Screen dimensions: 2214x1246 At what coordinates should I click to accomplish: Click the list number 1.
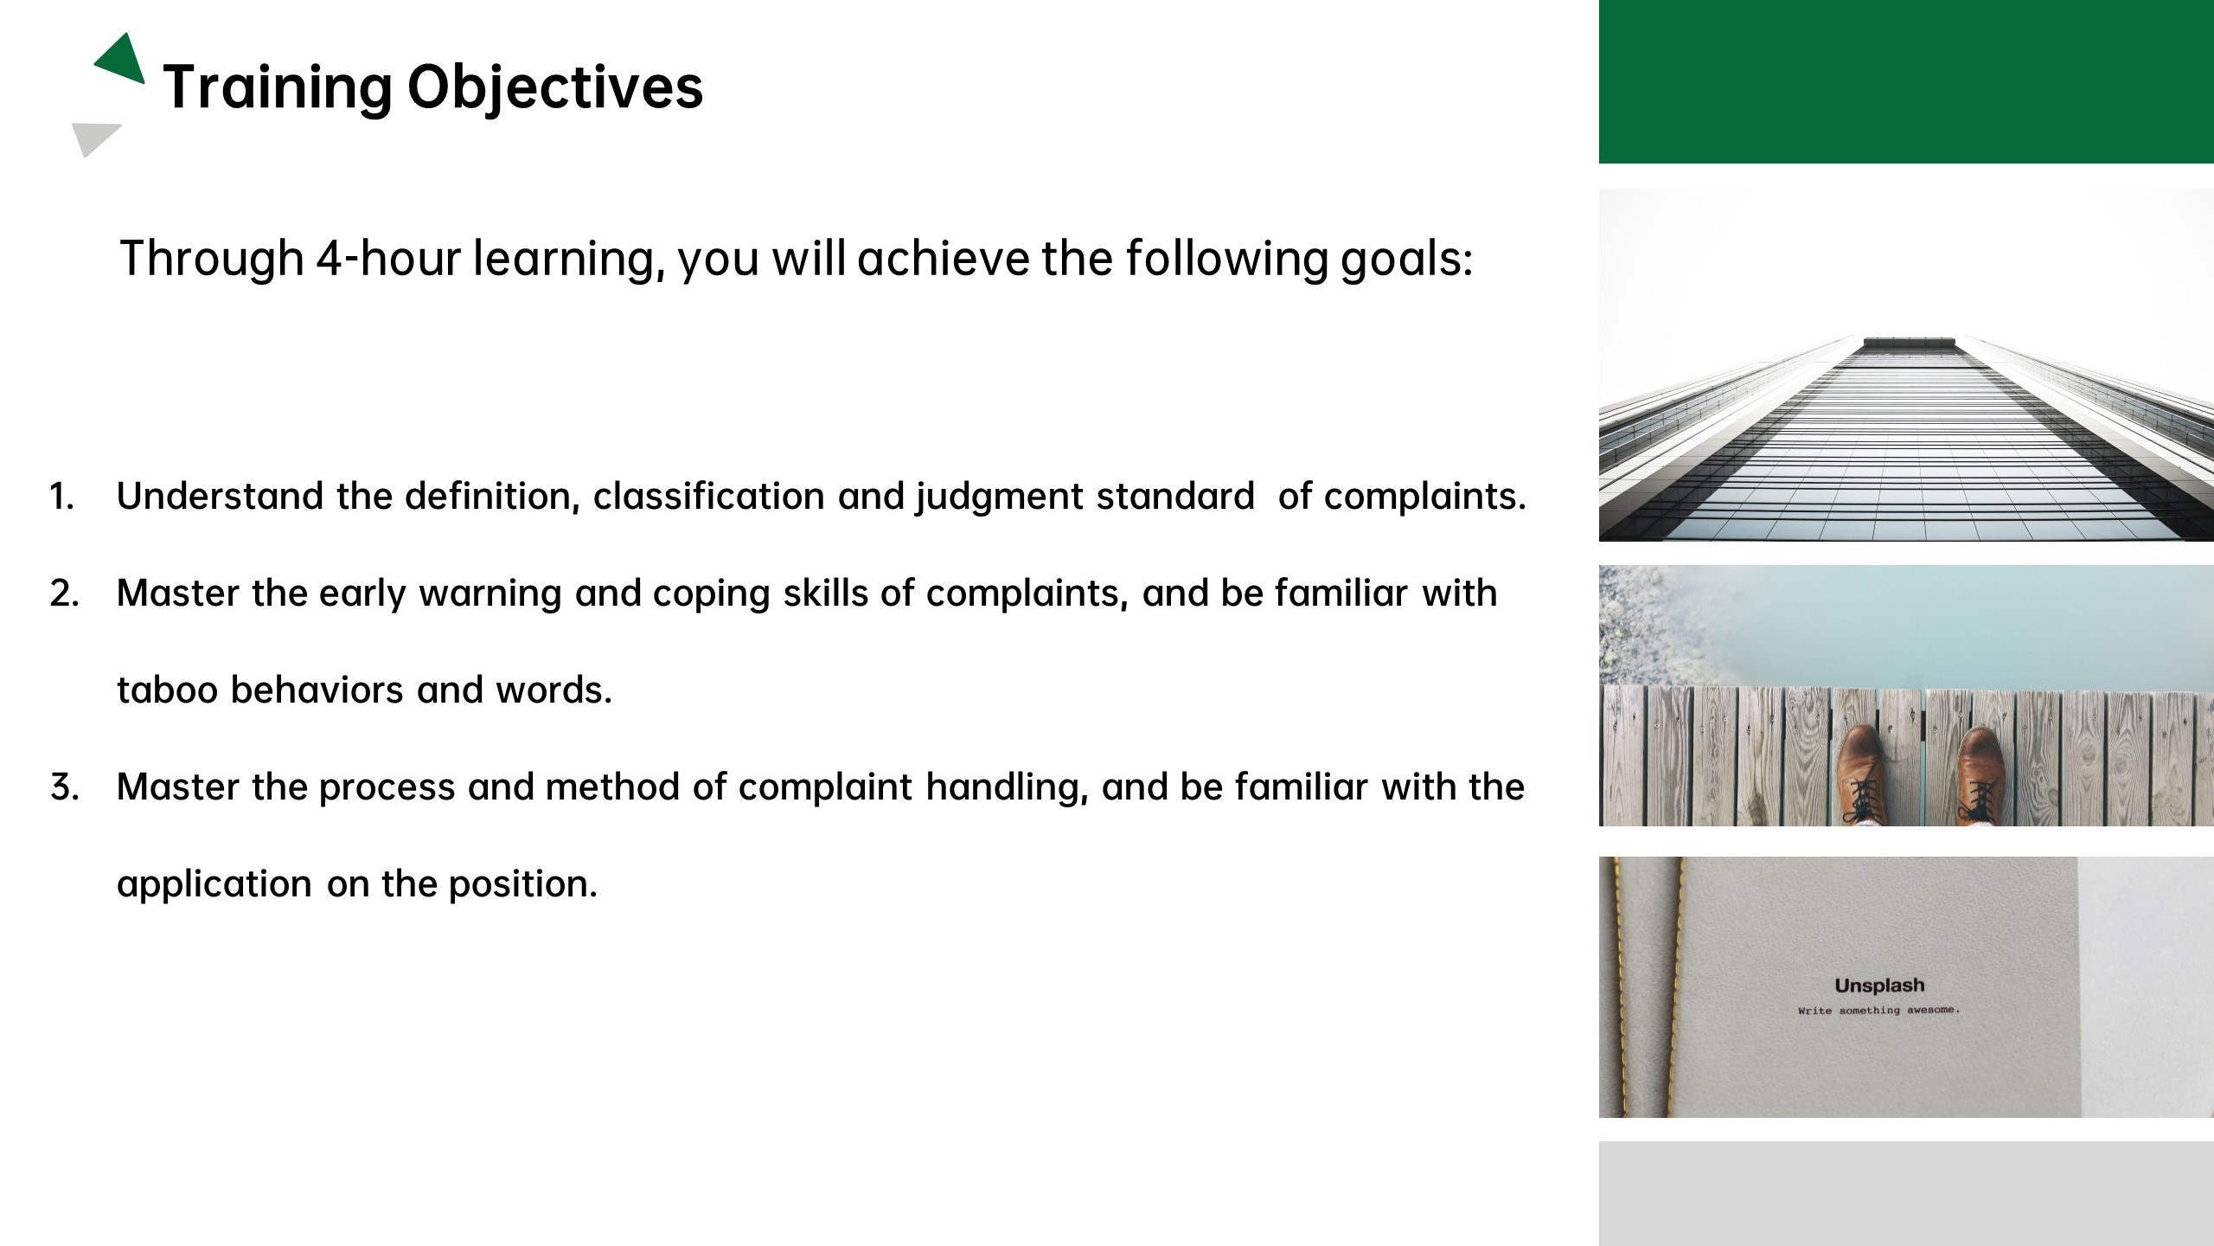click(61, 497)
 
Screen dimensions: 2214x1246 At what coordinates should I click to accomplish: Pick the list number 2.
click(64, 594)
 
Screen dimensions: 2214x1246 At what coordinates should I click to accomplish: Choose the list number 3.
click(64, 787)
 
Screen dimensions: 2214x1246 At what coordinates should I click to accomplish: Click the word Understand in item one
click(220, 497)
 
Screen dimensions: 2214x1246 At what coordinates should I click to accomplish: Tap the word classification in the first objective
click(708, 497)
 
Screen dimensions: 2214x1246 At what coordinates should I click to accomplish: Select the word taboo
click(167, 690)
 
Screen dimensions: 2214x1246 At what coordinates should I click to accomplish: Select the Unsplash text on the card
click(1879, 986)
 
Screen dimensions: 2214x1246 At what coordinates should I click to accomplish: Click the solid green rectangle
click(1906, 81)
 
